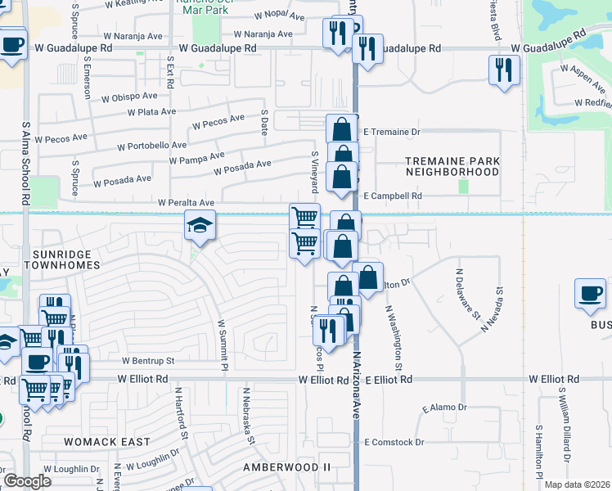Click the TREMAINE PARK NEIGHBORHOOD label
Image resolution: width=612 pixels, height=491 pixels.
pos(452,167)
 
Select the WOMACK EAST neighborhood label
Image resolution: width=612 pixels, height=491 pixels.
pos(107,442)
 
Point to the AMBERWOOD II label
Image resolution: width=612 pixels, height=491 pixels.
pos(286,466)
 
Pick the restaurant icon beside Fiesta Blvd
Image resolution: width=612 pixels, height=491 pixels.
pos(504,69)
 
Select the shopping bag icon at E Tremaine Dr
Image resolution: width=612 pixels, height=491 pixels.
pos(341,129)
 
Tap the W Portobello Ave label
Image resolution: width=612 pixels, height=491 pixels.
pos(151,146)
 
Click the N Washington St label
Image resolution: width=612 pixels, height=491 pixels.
pos(394,337)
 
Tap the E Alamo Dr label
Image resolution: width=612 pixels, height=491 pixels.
pos(443,408)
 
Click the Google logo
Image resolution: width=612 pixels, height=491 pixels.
pos(27,481)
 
